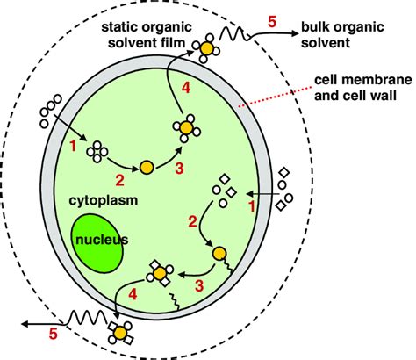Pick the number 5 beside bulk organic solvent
(x=273, y=20)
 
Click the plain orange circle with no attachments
(x=147, y=166)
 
